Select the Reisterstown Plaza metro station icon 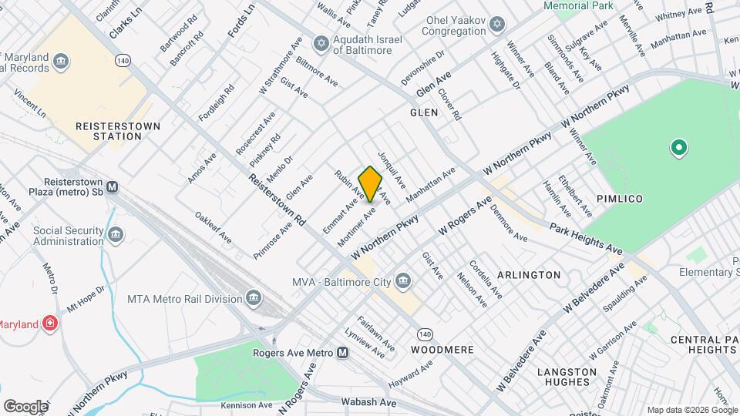coord(113,186)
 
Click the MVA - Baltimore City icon coord(402,280)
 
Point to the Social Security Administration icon coord(116,234)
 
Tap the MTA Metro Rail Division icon coord(254,298)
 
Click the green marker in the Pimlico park coord(678,146)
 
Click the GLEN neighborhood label coord(424,112)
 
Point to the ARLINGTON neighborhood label coord(529,275)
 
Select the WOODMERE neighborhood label coord(442,349)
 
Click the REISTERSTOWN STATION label coord(108,131)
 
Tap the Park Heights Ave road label coord(587,240)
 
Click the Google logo coord(25,406)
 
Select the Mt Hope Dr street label coord(85,295)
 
